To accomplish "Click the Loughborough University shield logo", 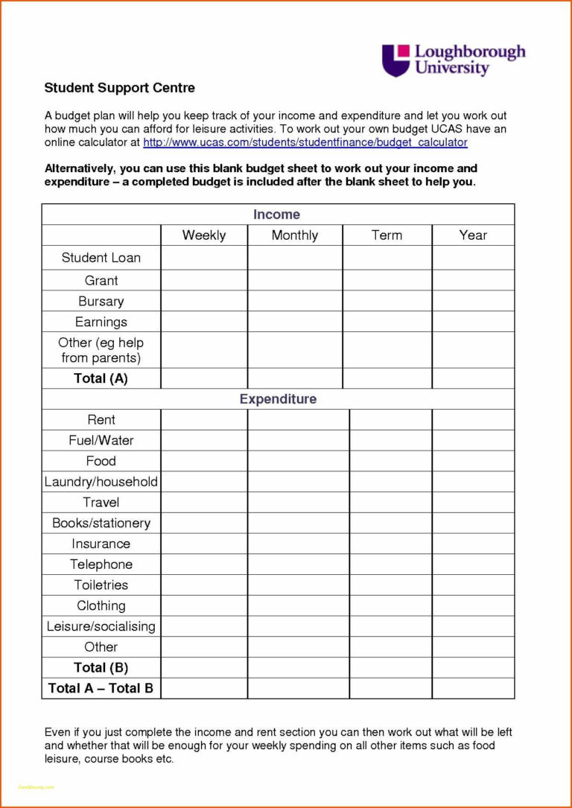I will point(395,60).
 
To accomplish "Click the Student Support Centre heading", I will point(119,88).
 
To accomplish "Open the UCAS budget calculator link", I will point(305,142).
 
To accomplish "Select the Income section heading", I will point(276,214).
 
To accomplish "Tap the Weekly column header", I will point(203,235).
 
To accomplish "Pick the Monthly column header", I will point(294,235).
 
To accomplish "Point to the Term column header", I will point(387,235).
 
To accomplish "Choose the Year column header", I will point(473,235).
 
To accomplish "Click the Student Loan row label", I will point(101,258).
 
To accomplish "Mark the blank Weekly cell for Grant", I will point(203,280).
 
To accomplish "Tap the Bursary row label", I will point(101,302).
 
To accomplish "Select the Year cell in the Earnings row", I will point(473,322).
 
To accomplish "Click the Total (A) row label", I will point(101,378).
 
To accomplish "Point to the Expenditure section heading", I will point(278,399).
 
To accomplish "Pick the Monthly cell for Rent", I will point(298,420).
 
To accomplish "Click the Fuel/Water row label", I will point(101,441).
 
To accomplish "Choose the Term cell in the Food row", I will point(390,461).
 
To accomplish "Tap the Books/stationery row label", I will point(101,524).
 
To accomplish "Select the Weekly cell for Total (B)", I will point(203,668).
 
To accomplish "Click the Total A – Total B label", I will point(101,688).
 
